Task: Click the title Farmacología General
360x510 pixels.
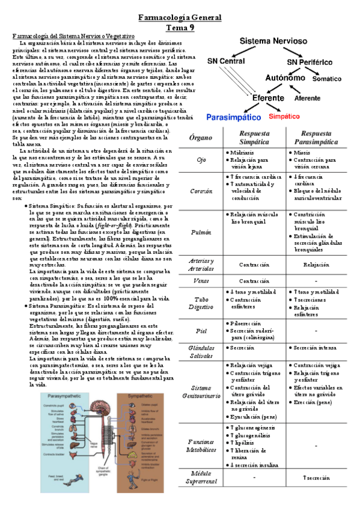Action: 180,18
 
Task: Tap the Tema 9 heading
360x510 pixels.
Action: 180,27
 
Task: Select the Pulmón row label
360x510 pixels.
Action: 201,232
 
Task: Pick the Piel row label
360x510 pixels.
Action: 201,330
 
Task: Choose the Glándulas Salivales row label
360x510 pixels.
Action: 201,351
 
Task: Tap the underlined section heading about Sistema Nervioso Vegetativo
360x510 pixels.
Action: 74,37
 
